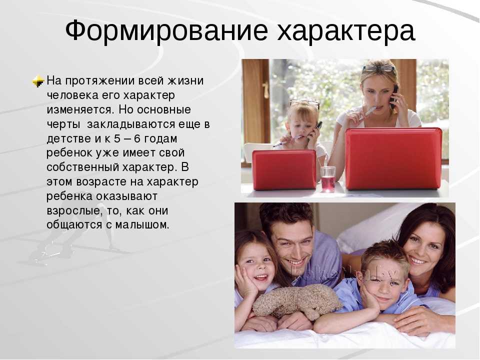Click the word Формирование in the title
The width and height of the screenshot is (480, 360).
pos(167,30)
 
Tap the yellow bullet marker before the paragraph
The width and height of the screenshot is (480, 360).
pos(38,81)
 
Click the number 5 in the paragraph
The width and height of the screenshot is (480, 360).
pos(117,138)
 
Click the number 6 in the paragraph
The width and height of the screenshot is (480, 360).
pos(137,138)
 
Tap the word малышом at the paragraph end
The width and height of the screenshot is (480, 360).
pos(142,225)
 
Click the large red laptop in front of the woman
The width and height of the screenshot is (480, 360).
pos(393,158)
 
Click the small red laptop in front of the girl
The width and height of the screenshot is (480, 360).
pos(284,169)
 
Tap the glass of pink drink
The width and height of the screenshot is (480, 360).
pos(328,179)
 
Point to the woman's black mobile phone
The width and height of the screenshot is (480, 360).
pos(394,96)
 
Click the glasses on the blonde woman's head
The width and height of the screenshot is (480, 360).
pos(379,67)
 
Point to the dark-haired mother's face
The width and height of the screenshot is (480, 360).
pos(424,248)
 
